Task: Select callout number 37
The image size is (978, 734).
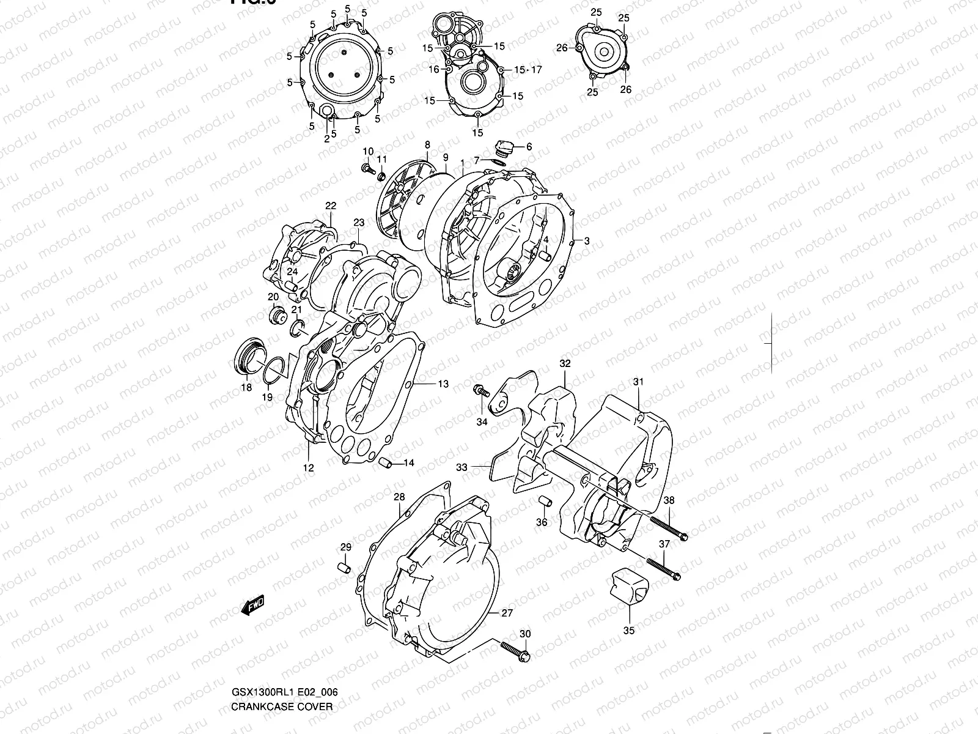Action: pos(665,544)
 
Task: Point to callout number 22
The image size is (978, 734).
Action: pos(331,206)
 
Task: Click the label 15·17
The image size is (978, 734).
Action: pos(528,70)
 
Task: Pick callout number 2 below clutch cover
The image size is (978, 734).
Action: pos(326,139)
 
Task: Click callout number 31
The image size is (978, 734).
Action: pos(638,382)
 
